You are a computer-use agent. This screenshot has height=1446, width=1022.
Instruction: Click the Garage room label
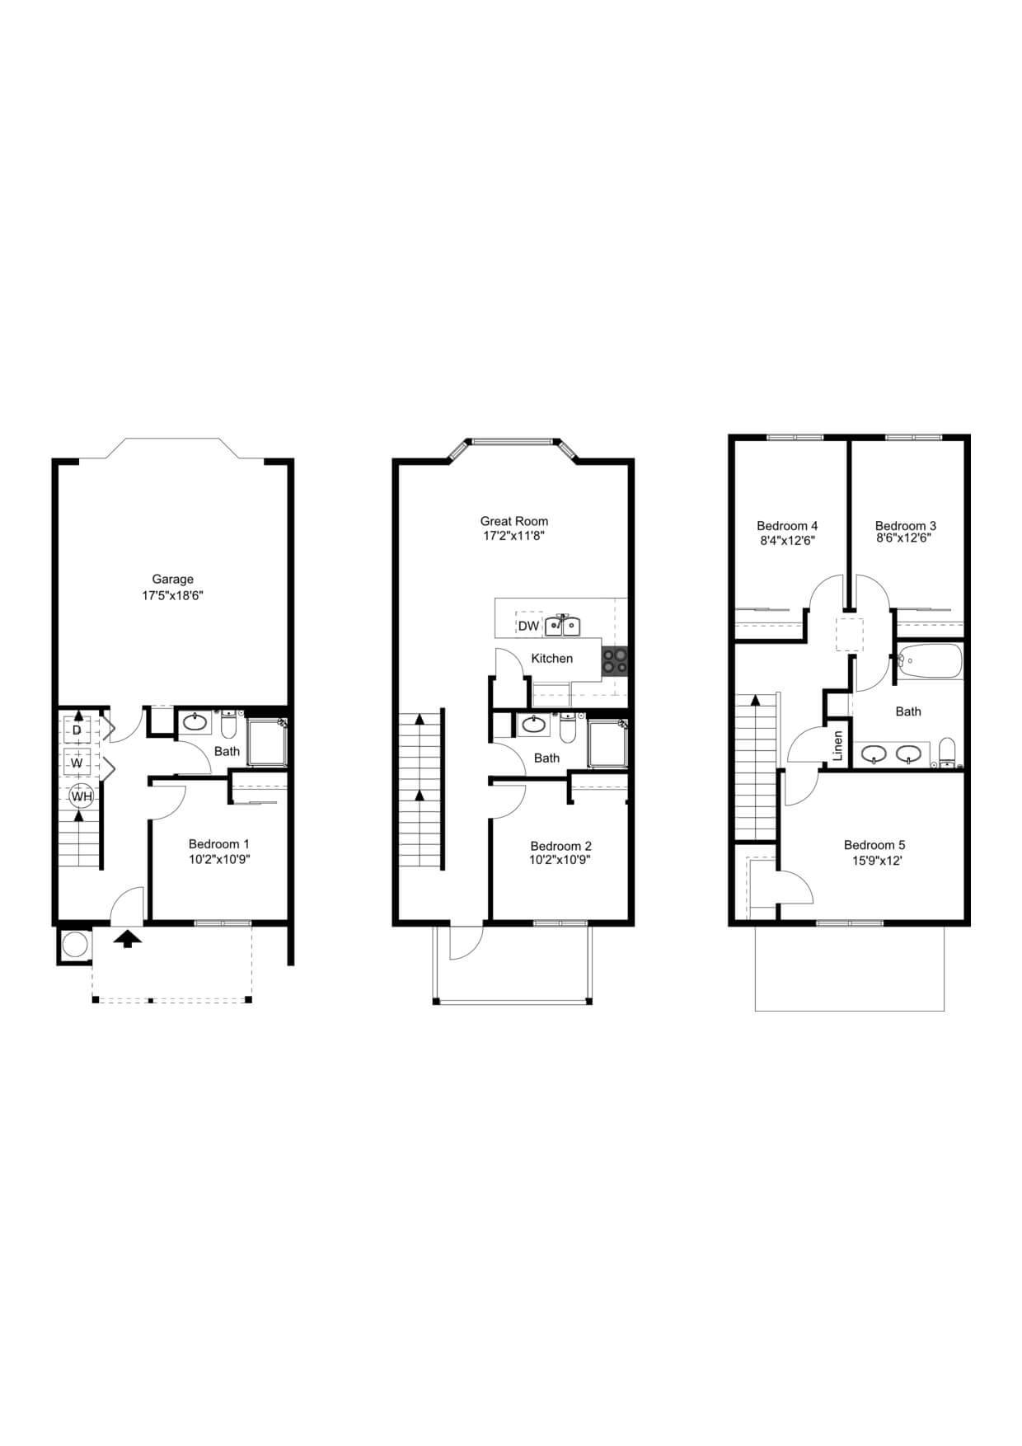172,579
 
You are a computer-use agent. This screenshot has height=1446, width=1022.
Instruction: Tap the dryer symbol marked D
77,730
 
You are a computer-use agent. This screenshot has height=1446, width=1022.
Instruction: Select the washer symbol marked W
77,763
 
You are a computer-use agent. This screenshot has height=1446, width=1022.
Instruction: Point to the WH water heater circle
81,796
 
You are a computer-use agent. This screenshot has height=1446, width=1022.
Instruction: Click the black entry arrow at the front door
127,939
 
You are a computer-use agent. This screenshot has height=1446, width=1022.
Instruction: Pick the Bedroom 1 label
218,843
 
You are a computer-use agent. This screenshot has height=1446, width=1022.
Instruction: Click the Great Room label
514,521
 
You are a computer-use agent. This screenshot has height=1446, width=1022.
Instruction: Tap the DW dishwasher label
528,626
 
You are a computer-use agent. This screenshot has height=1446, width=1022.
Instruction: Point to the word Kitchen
551,658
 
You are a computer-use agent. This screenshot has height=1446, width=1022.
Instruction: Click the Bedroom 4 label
787,525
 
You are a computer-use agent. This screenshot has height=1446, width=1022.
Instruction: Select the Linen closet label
838,746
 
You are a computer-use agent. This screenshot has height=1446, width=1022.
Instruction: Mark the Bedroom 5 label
874,845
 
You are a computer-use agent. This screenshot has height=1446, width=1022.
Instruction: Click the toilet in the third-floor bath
947,752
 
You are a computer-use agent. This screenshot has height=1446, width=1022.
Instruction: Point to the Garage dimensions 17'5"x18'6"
172,594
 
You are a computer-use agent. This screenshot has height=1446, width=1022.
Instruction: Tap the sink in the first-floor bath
196,723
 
